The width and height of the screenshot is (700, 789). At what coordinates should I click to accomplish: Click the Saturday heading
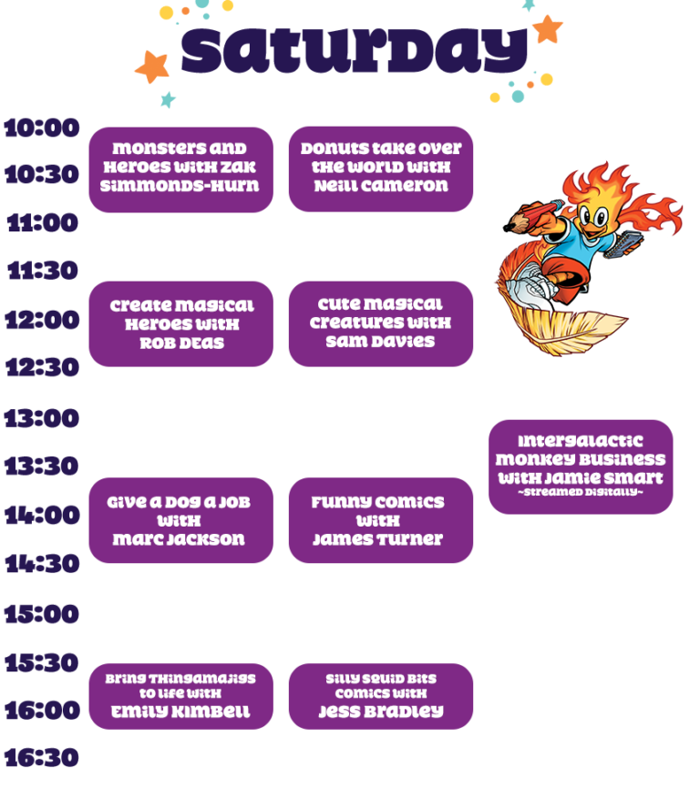coord(354,50)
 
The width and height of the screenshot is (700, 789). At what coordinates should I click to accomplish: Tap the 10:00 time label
coord(42,128)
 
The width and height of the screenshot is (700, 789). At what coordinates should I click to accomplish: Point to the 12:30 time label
coord(42,367)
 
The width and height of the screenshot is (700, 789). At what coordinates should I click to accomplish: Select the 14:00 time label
coord(42,516)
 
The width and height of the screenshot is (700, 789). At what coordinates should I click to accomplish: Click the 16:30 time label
coord(42,757)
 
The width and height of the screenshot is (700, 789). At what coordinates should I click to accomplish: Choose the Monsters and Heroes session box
coord(180,169)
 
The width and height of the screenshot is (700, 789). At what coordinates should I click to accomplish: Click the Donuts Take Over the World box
coord(381,169)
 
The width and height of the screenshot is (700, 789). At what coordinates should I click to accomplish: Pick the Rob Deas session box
coord(180,323)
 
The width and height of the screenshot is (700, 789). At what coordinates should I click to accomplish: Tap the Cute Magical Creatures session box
coord(381,323)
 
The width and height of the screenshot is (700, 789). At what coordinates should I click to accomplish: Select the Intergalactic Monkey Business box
coord(581,465)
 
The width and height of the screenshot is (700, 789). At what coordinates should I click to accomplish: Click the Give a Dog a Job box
coord(180,520)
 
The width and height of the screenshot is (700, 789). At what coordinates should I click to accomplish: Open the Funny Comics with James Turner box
coord(381,520)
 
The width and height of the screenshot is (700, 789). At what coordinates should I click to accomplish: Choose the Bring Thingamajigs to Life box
coord(180,696)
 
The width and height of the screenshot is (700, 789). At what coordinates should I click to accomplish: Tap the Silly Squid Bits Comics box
coord(381,696)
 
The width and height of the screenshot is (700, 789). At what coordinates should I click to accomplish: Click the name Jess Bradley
coord(381,712)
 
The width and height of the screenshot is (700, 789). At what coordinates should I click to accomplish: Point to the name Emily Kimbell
coord(180,712)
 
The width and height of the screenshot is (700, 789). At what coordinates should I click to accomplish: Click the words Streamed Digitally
coord(581,493)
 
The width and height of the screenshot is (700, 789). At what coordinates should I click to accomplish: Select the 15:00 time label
coord(42,613)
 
